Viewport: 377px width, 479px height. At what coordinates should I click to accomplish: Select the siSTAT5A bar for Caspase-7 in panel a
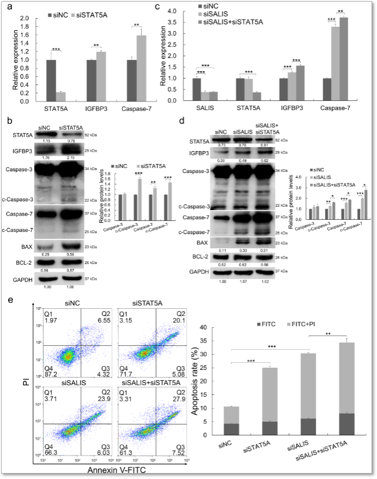(x=142, y=68)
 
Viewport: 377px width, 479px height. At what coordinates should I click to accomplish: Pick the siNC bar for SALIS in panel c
(x=196, y=89)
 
